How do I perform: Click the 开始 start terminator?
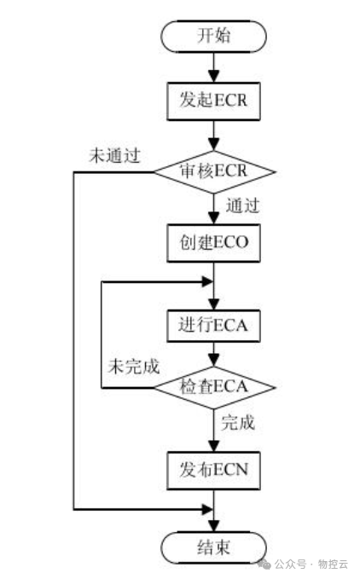(214, 36)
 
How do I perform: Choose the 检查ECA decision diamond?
(214, 388)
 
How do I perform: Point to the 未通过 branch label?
(114, 156)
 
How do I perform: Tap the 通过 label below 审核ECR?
(242, 206)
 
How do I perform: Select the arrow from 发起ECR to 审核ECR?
(214, 136)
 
